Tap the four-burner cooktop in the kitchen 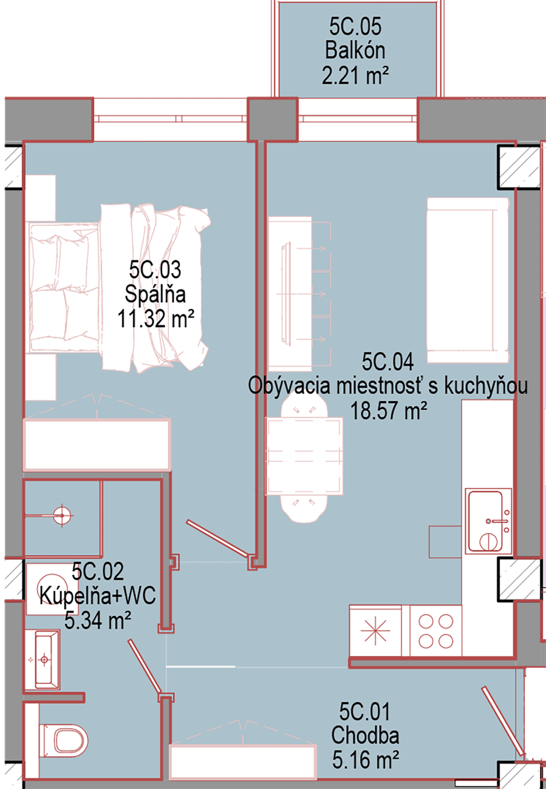pos(435,631)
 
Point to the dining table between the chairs pos(304,456)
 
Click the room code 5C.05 pos(355,27)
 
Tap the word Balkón pos(355,50)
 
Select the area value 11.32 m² pos(155,319)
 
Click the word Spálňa pos(155,294)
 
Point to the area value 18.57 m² pos(389,410)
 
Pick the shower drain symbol pos(63,515)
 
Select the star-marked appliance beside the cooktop pos(375,631)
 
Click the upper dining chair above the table pos(304,405)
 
